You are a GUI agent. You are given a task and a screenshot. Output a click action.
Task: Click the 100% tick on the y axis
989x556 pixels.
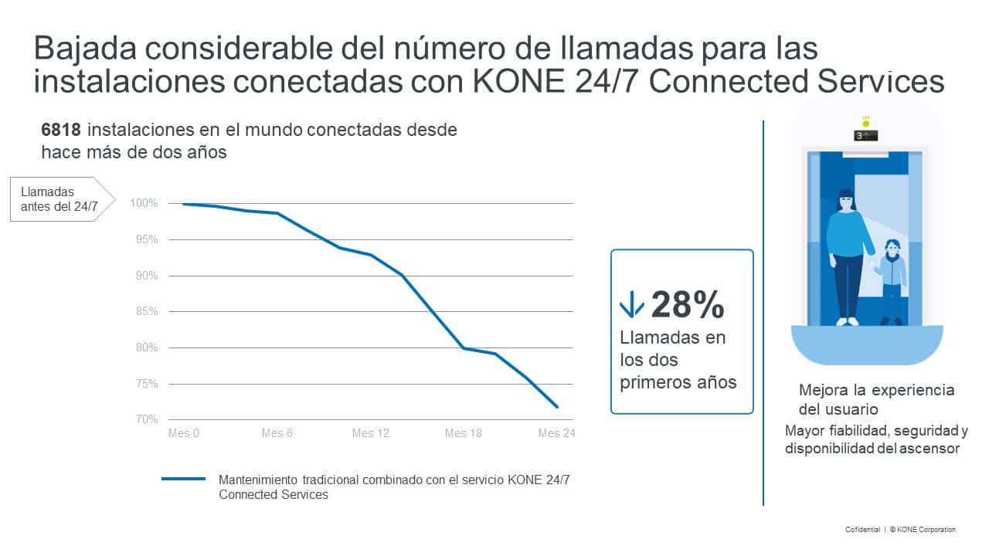click(x=144, y=203)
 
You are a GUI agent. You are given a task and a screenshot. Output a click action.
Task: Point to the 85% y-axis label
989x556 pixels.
click(x=144, y=311)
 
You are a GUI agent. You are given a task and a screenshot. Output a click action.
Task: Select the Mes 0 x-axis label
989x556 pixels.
click(x=184, y=433)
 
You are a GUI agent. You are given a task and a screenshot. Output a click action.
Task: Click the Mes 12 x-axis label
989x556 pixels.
click(x=370, y=433)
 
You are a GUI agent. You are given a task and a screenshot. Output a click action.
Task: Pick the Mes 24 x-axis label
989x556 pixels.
click(x=556, y=433)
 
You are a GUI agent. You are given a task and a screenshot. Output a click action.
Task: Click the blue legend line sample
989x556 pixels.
click(x=183, y=479)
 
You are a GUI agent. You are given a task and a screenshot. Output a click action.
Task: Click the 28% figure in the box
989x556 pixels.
click(x=687, y=305)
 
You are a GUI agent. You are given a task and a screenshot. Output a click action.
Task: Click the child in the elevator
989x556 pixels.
click(x=892, y=280)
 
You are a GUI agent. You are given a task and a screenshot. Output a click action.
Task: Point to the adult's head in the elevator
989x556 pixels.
click(x=846, y=202)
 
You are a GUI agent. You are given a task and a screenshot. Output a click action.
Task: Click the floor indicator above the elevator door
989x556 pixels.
click(x=865, y=136)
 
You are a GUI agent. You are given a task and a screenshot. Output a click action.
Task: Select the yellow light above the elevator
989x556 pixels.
click(x=865, y=121)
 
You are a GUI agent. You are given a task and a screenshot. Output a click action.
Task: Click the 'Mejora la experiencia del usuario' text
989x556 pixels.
click(x=876, y=399)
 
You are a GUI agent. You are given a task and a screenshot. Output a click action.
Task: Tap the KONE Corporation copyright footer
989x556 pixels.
click(x=923, y=530)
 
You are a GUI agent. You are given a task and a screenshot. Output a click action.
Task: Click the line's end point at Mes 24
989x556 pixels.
click(x=556, y=406)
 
